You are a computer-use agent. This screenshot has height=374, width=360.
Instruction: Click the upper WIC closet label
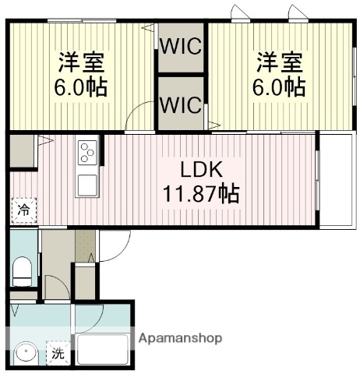(182, 45)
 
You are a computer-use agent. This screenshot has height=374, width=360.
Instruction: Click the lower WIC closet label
(182, 102)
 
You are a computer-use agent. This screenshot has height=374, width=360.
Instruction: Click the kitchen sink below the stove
(86, 185)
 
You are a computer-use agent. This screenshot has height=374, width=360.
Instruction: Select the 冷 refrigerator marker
(24, 210)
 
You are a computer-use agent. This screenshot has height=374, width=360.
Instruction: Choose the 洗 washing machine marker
(58, 354)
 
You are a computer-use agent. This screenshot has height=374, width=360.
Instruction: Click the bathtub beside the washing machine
(104, 350)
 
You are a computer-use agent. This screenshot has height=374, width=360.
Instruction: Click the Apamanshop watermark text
(180, 338)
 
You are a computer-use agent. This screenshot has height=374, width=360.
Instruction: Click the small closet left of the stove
(23, 150)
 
